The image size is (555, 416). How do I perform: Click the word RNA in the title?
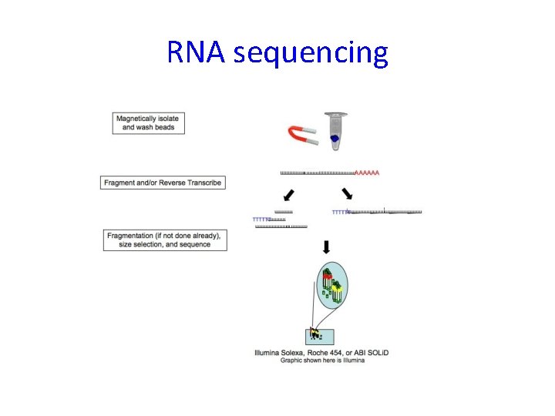(x=197, y=53)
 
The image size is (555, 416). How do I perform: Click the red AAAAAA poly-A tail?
(x=368, y=173)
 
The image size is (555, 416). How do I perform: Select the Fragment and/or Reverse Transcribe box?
(x=163, y=183)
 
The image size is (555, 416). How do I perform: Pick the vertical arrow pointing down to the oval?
(x=326, y=247)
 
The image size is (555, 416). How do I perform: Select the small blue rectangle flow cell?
(x=319, y=336)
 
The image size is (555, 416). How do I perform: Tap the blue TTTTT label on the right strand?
(x=339, y=212)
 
